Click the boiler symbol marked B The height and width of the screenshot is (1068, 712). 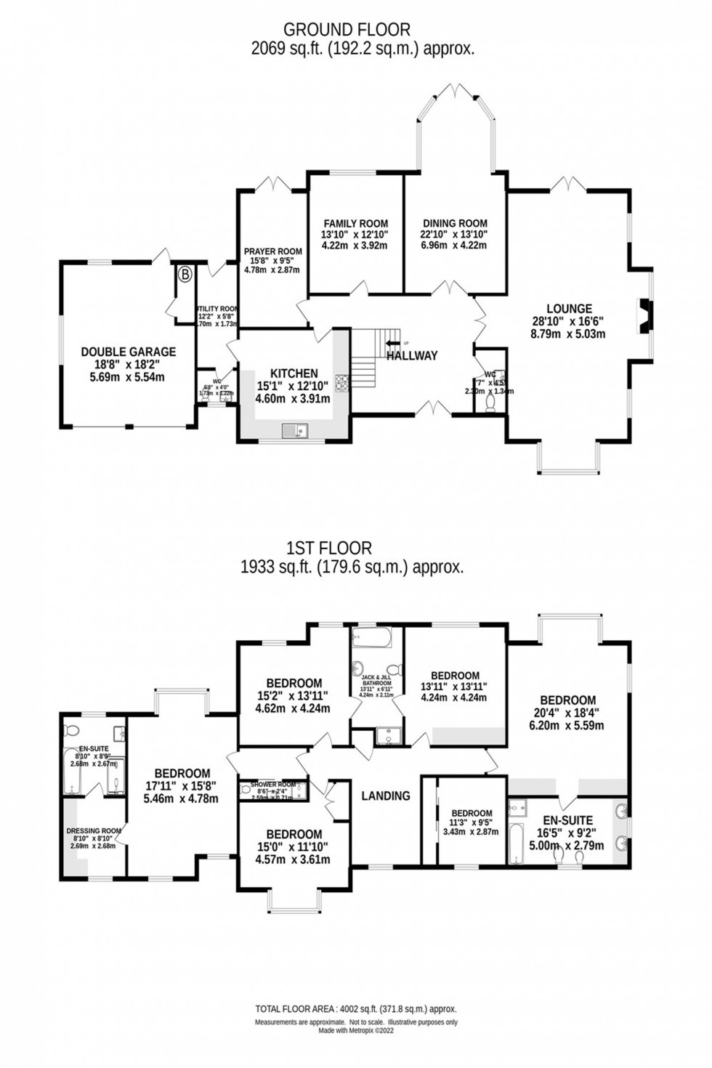185,275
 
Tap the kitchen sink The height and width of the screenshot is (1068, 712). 296,432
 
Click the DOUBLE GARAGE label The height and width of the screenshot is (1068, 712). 128,352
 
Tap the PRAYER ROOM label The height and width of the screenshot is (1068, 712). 272,252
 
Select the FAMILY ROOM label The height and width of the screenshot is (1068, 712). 355,224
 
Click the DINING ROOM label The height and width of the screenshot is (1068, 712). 453,224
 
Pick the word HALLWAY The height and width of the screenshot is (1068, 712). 412,355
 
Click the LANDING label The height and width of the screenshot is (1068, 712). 385,796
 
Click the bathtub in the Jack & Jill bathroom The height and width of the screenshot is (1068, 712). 371,638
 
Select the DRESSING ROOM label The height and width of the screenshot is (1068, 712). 93,831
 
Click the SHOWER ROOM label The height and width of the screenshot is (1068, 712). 272,785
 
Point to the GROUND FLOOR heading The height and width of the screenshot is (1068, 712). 347,30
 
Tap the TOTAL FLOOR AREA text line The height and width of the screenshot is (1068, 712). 355,1009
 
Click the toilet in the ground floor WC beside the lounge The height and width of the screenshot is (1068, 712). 490,402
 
